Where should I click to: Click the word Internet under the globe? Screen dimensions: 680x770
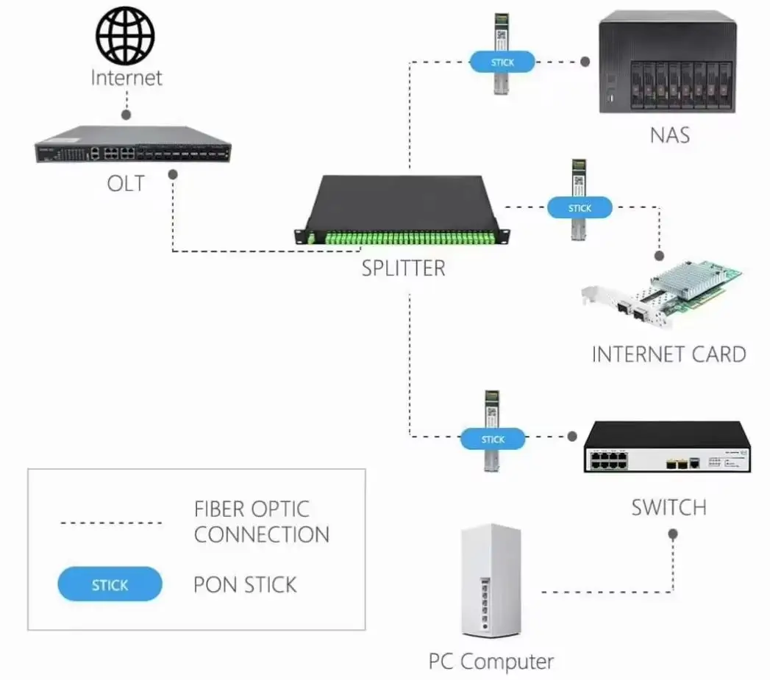click(x=126, y=77)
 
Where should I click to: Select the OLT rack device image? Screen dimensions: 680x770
click(x=132, y=145)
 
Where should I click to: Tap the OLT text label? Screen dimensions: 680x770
click(x=126, y=183)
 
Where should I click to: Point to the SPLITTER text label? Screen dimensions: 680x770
click(x=403, y=268)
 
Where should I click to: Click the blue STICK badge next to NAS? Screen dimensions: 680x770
click(x=503, y=62)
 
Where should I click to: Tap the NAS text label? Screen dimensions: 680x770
click(x=670, y=135)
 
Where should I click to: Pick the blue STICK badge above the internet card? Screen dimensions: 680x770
click(x=580, y=208)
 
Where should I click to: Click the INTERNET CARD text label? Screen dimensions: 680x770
click(x=669, y=354)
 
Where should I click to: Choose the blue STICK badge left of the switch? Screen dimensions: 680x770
click(x=493, y=439)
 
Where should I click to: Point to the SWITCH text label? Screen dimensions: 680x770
click(x=669, y=508)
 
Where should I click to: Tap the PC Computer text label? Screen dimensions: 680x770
click(x=491, y=661)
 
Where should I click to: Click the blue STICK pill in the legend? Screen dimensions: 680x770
click(x=110, y=585)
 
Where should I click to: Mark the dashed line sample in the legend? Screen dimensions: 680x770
click(x=110, y=523)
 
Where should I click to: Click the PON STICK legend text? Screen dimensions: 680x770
click(x=245, y=585)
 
